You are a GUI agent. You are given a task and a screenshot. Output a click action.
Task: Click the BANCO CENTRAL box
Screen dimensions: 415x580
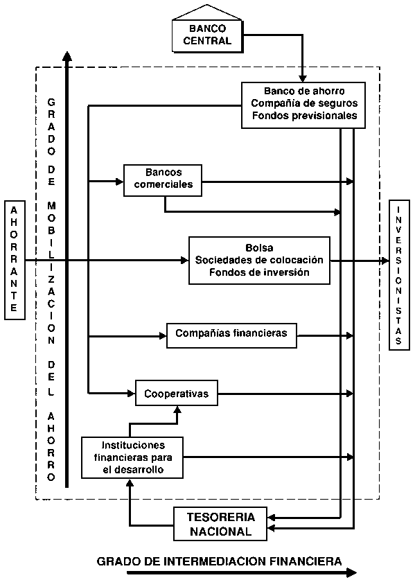pos(208,36)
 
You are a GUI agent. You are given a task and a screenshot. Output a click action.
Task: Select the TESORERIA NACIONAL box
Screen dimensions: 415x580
pos(220,524)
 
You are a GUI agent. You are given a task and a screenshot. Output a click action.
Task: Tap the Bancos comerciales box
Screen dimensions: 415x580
pos(163,180)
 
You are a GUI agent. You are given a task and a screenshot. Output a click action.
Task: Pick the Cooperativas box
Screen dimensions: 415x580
pos(177,393)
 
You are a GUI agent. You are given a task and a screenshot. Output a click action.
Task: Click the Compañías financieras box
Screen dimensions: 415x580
pos(231,335)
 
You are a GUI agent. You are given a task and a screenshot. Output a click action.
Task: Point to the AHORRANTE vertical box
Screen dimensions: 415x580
pos(15,260)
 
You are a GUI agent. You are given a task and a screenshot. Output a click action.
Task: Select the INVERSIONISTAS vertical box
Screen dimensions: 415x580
pos(399,275)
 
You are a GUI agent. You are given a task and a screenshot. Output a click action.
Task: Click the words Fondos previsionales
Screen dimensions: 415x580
pos(304,116)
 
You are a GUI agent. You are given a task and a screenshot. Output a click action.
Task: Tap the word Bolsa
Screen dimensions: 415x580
pos(259,247)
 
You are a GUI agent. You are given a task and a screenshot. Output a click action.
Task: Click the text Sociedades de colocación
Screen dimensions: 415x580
pos(259,260)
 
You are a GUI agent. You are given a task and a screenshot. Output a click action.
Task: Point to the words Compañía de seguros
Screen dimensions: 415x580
pos(304,103)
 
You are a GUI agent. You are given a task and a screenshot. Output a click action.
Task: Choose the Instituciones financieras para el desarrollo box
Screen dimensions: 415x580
pos(132,457)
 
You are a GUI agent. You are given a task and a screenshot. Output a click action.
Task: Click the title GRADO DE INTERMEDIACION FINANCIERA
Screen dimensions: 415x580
pos(219,561)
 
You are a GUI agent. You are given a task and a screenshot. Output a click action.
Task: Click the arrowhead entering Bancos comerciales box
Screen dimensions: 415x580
pos(119,182)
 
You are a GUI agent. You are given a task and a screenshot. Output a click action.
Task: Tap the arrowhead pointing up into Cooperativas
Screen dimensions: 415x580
pos(177,409)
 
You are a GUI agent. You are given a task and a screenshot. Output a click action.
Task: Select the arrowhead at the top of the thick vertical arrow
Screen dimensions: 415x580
pos(67,56)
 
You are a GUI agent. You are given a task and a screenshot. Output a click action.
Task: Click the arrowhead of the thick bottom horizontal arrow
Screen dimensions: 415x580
pos(351,573)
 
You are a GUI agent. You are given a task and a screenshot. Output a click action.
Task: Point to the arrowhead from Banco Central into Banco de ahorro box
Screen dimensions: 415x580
pos(303,78)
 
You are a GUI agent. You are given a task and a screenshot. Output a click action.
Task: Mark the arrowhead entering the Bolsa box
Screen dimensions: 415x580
pos(184,261)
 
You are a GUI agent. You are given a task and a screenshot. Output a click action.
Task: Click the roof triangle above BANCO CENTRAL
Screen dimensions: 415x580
pos(207,12)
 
